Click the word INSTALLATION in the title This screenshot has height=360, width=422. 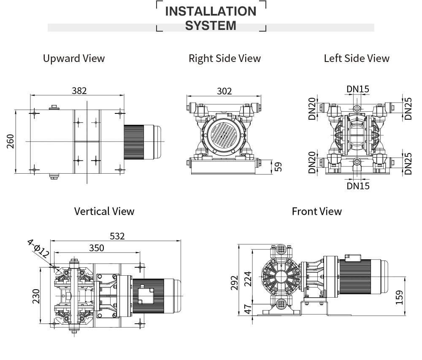(x=211, y=11)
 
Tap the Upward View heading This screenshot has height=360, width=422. (x=74, y=58)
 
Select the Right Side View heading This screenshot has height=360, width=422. (x=225, y=58)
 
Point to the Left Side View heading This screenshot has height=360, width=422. (x=357, y=58)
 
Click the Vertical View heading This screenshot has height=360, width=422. (x=104, y=211)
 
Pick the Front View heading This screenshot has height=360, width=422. (x=316, y=211)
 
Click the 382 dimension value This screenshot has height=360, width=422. (x=79, y=91)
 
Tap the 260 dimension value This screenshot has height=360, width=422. (x=11, y=141)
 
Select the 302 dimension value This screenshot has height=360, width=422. (x=224, y=91)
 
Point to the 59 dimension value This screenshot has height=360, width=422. (x=278, y=167)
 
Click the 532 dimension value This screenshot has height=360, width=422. (x=117, y=236)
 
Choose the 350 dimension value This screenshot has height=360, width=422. (x=96, y=248)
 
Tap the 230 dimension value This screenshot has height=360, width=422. (x=36, y=296)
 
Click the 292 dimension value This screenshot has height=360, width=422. (x=235, y=282)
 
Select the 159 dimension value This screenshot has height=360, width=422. (x=400, y=297)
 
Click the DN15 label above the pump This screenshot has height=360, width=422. (x=357, y=89)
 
